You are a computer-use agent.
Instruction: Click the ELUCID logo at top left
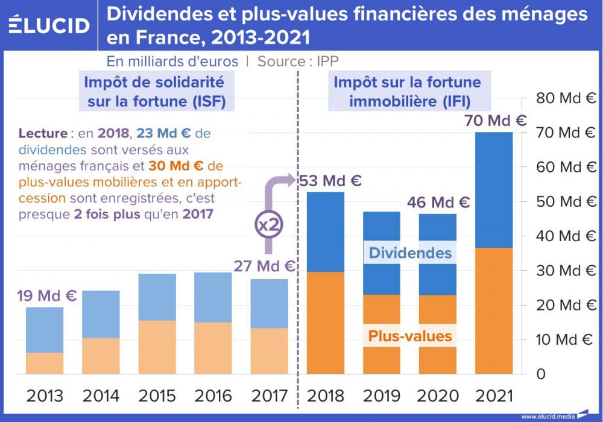point(49,25)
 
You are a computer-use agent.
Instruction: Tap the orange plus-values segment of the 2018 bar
point(326,323)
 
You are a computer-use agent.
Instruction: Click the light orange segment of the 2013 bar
point(45,363)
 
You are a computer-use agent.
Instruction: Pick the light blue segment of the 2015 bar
point(157,297)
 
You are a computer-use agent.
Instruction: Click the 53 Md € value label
point(330,180)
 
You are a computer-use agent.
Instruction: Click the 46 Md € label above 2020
point(438,202)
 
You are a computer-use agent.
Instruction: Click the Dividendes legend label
point(410,253)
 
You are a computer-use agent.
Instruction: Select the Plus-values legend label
point(410,335)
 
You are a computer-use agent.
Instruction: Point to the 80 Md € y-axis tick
point(565,98)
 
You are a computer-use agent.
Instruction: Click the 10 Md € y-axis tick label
point(565,339)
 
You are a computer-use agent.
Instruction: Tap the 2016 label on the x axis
point(213,396)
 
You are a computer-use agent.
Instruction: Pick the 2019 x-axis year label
point(382,396)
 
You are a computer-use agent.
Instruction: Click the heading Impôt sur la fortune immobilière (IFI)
point(407,91)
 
